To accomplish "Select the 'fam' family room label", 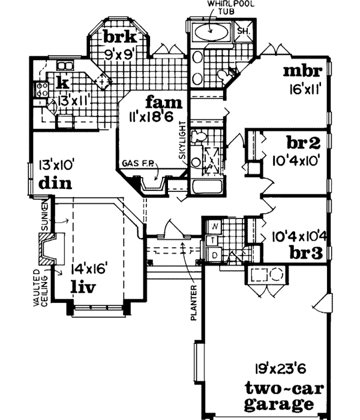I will click(147, 101).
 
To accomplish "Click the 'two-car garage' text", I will click(281, 394).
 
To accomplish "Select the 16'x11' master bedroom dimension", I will click(306, 91).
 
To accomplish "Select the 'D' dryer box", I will click(215, 256).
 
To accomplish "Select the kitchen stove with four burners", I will click(43, 90).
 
